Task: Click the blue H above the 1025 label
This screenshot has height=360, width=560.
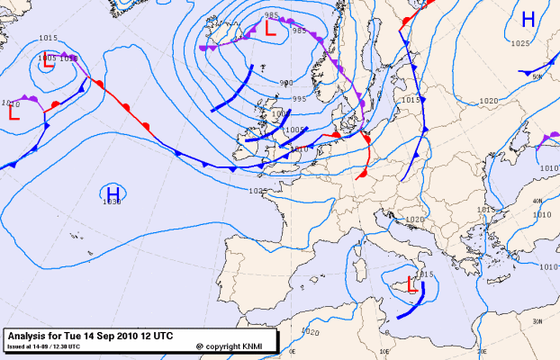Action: pyautogui.click(x=528, y=20)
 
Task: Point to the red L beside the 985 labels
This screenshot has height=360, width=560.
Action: pyautogui.click(x=269, y=28)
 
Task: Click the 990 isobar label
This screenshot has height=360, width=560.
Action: pyautogui.click(x=285, y=83)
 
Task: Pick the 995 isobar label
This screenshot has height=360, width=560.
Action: pyautogui.click(x=299, y=99)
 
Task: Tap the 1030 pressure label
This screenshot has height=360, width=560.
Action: pyautogui.click(x=112, y=202)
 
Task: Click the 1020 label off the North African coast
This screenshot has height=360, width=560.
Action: pyautogui.click(x=312, y=332)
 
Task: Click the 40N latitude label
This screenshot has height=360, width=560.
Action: pyautogui.click(x=537, y=201)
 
